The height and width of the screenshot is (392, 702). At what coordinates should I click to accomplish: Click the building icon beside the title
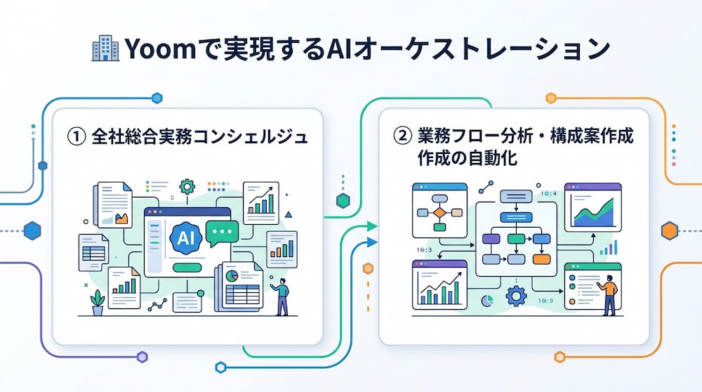point(105,48)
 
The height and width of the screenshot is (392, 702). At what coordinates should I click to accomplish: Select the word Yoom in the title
point(160,49)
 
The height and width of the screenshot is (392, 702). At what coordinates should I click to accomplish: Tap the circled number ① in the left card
point(76,136)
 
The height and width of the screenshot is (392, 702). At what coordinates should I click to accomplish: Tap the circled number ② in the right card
point(402,136)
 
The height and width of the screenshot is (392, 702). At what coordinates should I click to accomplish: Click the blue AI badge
point(186,237)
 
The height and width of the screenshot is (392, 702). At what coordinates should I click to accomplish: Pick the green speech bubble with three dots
point(222,233)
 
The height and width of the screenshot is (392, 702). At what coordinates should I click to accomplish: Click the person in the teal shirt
point(282,296)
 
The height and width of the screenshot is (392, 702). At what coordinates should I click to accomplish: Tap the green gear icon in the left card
point(187,186)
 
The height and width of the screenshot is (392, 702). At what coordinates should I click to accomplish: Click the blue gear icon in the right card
point(516,296)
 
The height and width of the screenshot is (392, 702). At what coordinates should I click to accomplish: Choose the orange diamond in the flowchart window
point(439,213)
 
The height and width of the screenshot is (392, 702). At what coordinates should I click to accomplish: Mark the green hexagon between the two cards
point(343,201)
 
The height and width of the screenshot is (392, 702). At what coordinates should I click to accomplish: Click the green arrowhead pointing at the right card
point(371,226)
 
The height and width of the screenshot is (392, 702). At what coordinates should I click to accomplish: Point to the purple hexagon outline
point(143,357)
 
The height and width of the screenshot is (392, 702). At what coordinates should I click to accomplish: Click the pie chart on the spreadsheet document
point(232,275)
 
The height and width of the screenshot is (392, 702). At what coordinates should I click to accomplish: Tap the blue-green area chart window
point(592,207)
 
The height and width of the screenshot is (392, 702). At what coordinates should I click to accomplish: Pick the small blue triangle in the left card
point(289,214)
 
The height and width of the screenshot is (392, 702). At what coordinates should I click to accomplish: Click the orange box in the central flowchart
point(541,259)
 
